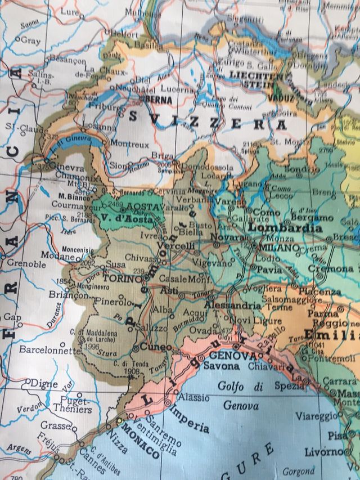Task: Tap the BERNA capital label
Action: [x=158, y=99]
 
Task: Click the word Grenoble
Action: [x=27, y=264]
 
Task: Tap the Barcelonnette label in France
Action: [x=50, y=350]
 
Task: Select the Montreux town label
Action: [x=130, y=145]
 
